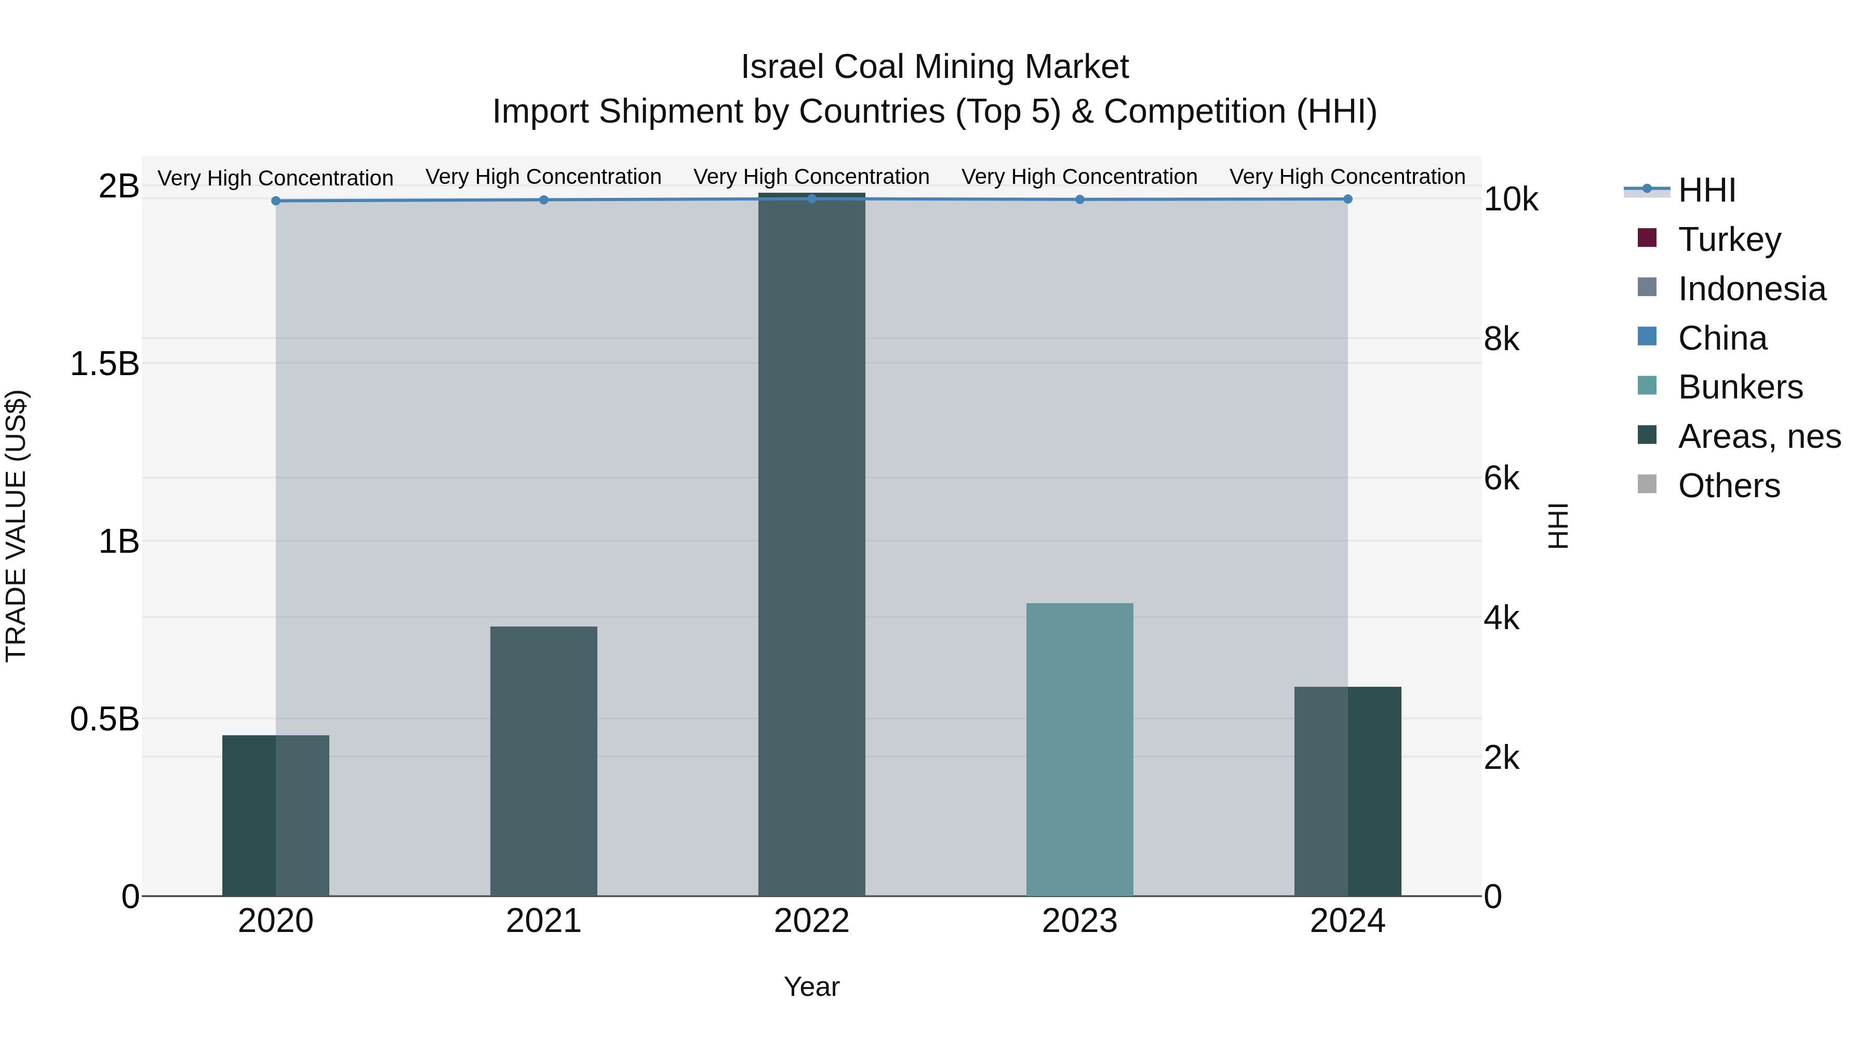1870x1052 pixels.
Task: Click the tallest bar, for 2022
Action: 811,544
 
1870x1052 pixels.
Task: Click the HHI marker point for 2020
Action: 276,201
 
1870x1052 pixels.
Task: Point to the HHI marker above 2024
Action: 1347,199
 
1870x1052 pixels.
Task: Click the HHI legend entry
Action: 1706,190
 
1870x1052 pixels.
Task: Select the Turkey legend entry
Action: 1728,239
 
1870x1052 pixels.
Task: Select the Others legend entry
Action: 1728,486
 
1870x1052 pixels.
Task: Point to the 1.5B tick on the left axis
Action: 104,364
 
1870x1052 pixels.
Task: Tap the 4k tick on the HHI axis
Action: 1501,619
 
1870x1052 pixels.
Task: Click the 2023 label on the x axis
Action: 1079,921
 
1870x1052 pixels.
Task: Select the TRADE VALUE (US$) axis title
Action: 16,526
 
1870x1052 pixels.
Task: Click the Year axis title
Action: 811,987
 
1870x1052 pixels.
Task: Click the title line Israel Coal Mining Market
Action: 934,67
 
